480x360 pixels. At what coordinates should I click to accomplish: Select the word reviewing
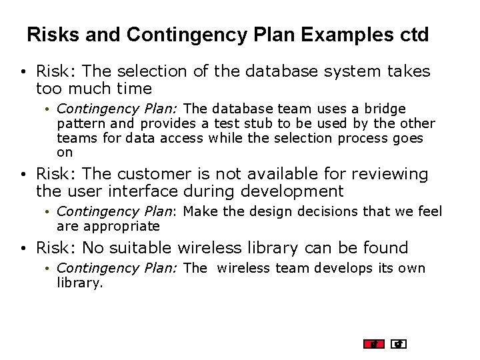click(x=387, y=175)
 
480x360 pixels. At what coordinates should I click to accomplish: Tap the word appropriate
click(x=122, y=227)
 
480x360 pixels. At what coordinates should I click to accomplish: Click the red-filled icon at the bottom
click(x=374, y=344)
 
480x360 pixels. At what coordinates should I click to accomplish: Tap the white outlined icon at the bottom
click(x=399, y=344)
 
